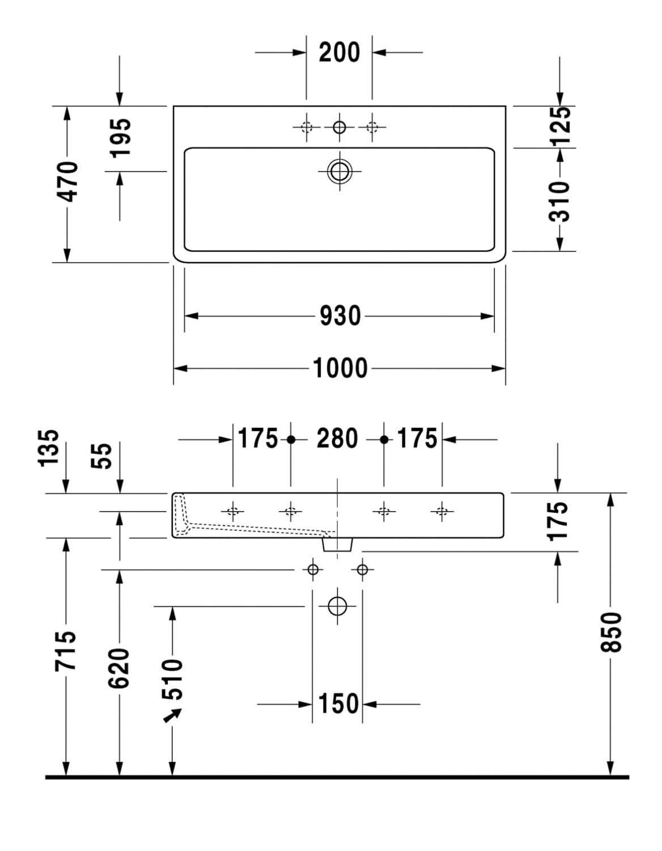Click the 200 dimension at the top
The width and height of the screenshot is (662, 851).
click(339, 52)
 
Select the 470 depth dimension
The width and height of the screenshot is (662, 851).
click(67, 182)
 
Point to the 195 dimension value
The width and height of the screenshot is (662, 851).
click(120, 138)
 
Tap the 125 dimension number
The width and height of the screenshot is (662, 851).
click(560, 126)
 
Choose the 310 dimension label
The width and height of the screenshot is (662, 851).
click(560, 201)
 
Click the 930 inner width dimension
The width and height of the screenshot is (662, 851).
click(340, 316)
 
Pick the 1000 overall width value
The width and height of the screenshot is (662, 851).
click(340, 368)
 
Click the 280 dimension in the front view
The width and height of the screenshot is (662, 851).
click(337, 439)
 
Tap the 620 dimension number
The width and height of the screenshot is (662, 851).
click(120, 668)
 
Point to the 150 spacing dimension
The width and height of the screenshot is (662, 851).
click(338, 704)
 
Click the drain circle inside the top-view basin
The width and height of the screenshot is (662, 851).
click(340, 170)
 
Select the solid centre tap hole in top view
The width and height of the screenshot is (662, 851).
click(340, 127)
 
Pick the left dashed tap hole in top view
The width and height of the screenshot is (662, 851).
click(307, 127)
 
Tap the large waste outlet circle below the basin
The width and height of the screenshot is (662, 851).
click(337, 606)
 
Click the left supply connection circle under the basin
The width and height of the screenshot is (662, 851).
click(313, 569)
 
